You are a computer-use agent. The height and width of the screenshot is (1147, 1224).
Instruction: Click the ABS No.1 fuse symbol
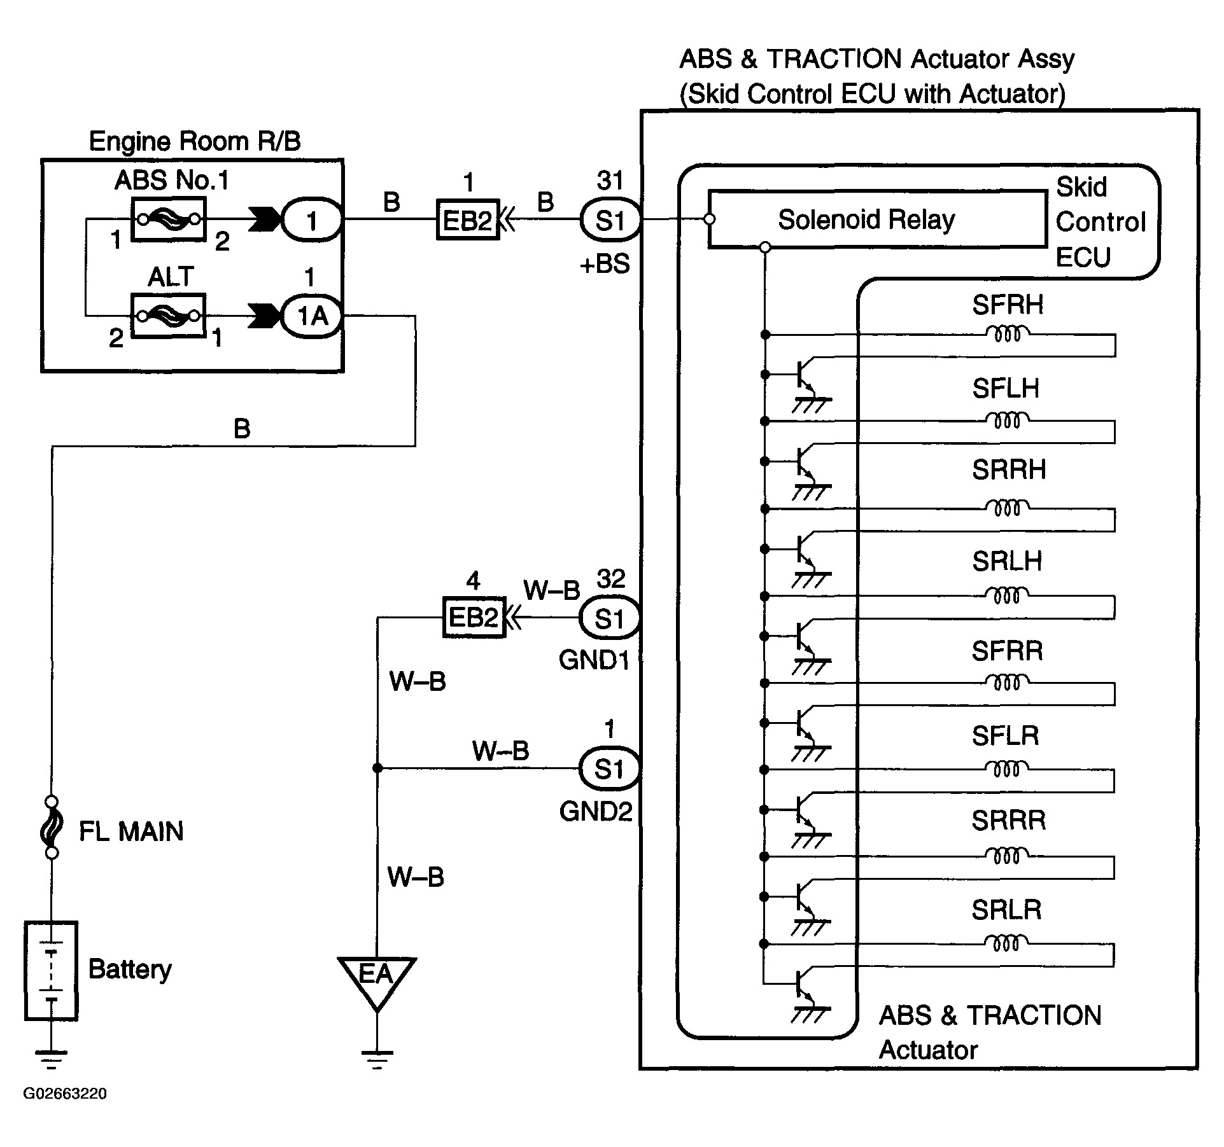click(x=169, y=219)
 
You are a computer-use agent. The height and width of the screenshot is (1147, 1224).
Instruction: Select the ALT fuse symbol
click(x=169, y=315)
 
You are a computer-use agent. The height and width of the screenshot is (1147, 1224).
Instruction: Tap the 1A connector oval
click(x=312, y=316)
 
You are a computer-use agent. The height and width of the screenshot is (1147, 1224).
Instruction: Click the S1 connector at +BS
click(x=610, y=220)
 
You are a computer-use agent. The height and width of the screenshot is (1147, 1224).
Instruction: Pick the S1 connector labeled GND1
click(x=609, y=618)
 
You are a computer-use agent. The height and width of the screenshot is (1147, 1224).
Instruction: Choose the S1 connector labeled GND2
click(x=609, y=768)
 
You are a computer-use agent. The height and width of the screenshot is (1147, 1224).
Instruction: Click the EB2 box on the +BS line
click(x=468, y=220)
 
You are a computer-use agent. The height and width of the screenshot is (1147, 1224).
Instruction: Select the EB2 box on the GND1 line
click(x=474, y=617)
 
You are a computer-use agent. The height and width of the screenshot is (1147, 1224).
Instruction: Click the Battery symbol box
click(x=51, y=971)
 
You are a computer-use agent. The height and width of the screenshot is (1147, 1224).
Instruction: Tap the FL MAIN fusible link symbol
click(x=52, y=827)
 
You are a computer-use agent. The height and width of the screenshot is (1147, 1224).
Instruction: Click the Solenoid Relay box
click(x=877, y=219)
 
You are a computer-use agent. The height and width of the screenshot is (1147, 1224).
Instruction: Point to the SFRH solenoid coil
click(x=1008, y=333)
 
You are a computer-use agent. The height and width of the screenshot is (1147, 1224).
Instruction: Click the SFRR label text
click(x=1008, y=651)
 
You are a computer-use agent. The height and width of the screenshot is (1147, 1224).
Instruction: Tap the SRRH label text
click(x=1009, y=470)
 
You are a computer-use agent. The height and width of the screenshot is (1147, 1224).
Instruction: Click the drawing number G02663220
click(x=65, y=1094)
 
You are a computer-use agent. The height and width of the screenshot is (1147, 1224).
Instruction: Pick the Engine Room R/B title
click(x=195, y=141)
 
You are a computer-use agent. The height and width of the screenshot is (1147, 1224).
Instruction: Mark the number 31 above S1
click(x=610, y=181)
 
